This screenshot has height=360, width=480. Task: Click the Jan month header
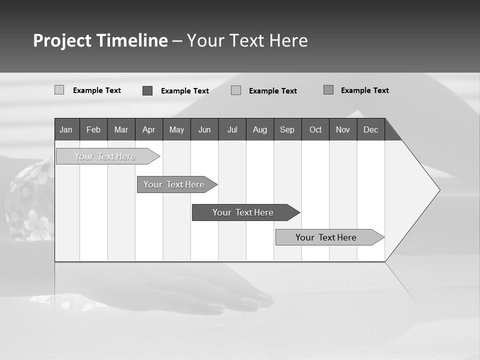[66, 129]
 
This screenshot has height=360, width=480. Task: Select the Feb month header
[93, 129]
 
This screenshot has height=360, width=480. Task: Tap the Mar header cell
[121, 129]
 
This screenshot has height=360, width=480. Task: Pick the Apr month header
[149, 129]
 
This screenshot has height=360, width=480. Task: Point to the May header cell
[176, 129]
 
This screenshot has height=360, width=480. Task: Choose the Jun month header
[204, 129]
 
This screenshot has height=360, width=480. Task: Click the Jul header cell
[232, 129]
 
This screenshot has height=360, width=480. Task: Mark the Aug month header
[260, 129]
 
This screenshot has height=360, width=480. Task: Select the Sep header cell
[287, 129]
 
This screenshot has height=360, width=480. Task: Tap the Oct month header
[315, 129]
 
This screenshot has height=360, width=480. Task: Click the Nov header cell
[343, 129]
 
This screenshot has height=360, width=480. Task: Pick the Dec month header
[371, 129]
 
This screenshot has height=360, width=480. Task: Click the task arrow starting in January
[105, 156]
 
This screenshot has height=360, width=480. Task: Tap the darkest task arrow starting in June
[243, 212]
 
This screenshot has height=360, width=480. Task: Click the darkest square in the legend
[147, 90]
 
